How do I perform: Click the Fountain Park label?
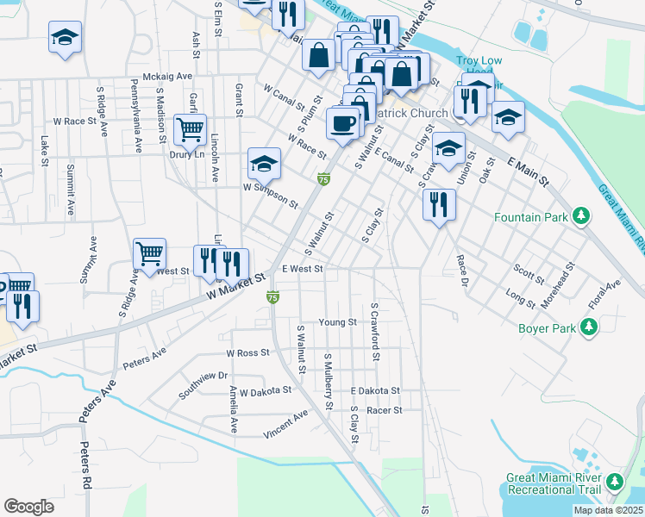point(531,217)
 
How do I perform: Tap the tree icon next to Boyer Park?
point(589,327)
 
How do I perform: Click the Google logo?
point(28,507)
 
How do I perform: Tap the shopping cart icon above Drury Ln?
point(190,130)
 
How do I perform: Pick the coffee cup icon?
point(342,122)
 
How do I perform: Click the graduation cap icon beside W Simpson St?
point(264,162)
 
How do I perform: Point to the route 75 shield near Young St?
point(272,296)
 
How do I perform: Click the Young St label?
point(337,322)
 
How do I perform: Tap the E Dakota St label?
point(375,390)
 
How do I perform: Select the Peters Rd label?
point(85,465)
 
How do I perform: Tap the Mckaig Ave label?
point(167,76)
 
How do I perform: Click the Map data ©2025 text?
point(608,510)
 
